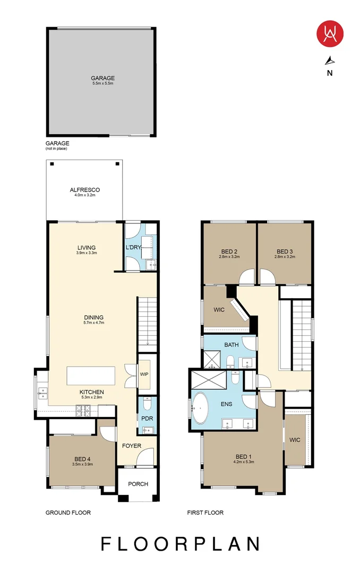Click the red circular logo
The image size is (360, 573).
coord(330,33)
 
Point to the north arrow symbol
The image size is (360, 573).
coord(330,60)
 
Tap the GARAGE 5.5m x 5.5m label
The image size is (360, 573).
coord(102,81)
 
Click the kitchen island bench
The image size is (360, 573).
coord(90,376)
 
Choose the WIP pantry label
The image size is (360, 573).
coord(144,374)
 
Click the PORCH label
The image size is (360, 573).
coord(138,484)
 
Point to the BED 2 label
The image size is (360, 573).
coord(229,251)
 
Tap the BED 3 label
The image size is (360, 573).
coord(285,251)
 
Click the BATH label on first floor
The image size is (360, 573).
coord(232,345)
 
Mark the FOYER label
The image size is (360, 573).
coord(132,446)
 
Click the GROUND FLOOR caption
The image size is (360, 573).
coord(68,513)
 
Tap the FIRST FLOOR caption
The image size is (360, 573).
coord(205,513)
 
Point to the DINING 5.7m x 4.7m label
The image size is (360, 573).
coord(93,320)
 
